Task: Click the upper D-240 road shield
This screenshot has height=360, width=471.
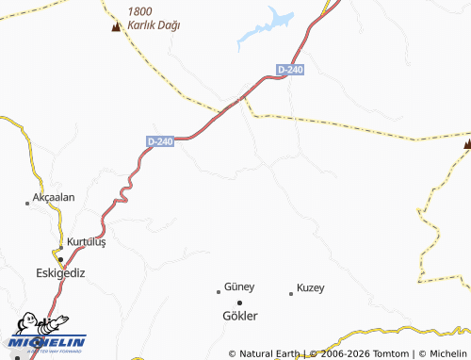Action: pyautogui.click(x=290, y=70)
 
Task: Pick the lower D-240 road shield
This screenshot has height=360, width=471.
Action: pyautogui.click(x=161, y=141)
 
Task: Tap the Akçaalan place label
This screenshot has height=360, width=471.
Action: pyautogui.click(x=53, y=197)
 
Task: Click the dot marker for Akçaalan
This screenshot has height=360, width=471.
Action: pyautogui.click(x=27, y=203)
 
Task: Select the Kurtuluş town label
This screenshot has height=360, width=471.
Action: pyautogui.click(x=87, y=241)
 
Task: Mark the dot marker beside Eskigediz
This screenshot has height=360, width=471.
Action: pyautogui.click(x=60, y=258)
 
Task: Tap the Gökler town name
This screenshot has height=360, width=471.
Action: pyautogui.click(x=239, y=316)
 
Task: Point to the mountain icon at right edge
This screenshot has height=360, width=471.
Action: pyautogui.click(x=467, y=143)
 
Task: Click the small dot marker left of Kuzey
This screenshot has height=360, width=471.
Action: pyautogui.click(x=290, y=293)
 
